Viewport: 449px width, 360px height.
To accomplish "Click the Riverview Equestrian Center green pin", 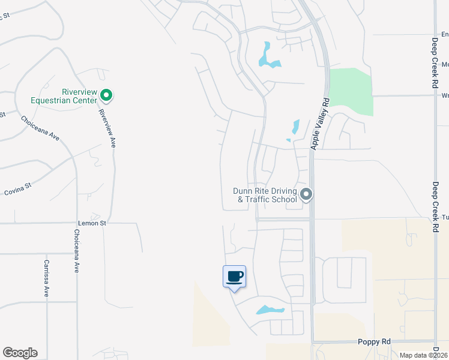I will tap(106, 95).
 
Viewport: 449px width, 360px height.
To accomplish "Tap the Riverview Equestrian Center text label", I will tap(79, 96).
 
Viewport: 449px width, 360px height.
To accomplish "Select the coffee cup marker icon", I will tap(234, 277).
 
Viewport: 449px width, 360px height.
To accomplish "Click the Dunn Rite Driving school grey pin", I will tap(306, 194).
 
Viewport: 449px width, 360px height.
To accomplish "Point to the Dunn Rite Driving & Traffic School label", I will tap(265, 196).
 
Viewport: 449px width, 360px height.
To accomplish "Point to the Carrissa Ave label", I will tap(46, 278).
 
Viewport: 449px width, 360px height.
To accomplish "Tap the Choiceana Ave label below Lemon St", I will tap(77, 251).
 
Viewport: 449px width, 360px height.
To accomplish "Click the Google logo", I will tap(20, 353).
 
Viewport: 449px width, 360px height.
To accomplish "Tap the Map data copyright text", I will tap(423, 355).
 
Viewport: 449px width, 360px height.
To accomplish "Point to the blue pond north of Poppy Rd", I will tap(270, 310).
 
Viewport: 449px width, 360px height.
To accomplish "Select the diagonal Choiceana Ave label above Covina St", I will tap(41, 128).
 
